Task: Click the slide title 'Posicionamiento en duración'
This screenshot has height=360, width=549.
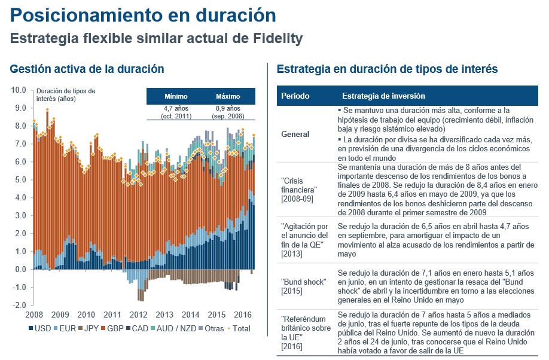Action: [144, 15]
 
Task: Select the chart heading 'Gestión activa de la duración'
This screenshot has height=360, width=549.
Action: [87, 69]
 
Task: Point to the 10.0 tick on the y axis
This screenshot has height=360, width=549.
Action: [19, 90]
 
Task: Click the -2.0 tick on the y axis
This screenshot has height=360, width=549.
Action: [19, 305]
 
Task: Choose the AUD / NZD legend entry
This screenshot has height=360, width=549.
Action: [176, 328]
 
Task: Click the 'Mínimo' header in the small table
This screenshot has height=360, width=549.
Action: [176, 96]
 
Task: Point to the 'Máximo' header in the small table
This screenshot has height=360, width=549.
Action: [228, 96]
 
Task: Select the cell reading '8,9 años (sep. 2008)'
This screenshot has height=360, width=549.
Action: [228, 112]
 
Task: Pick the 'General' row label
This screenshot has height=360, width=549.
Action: [295, 134]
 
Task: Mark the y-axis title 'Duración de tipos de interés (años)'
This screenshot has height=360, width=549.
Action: [66, 94]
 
